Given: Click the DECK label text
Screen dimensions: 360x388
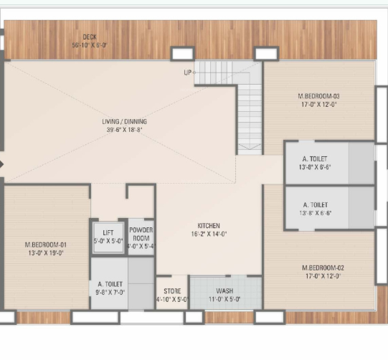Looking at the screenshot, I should click(89, 37).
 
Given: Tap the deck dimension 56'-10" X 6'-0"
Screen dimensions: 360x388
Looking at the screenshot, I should click(89, 44).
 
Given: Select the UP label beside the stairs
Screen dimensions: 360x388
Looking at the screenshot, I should click(188, 72).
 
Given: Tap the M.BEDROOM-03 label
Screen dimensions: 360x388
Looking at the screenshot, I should click(318, 96).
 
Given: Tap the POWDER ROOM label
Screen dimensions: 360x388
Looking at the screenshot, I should click(141, 235).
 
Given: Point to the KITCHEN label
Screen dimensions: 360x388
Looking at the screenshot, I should click(209, 225).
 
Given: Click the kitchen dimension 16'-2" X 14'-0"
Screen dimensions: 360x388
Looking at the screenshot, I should click(209, 234).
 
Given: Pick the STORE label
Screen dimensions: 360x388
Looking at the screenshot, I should click(172, 291).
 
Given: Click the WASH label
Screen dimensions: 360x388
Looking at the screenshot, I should click(224, 291).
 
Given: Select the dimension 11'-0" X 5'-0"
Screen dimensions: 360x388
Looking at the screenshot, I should click(224, 299).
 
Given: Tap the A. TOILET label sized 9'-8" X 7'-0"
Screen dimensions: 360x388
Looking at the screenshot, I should click(111, 284).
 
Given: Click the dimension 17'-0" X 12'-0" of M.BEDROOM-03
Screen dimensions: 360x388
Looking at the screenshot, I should click(318, 104).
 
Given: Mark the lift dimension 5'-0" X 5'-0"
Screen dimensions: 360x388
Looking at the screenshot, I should click(108, 241).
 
